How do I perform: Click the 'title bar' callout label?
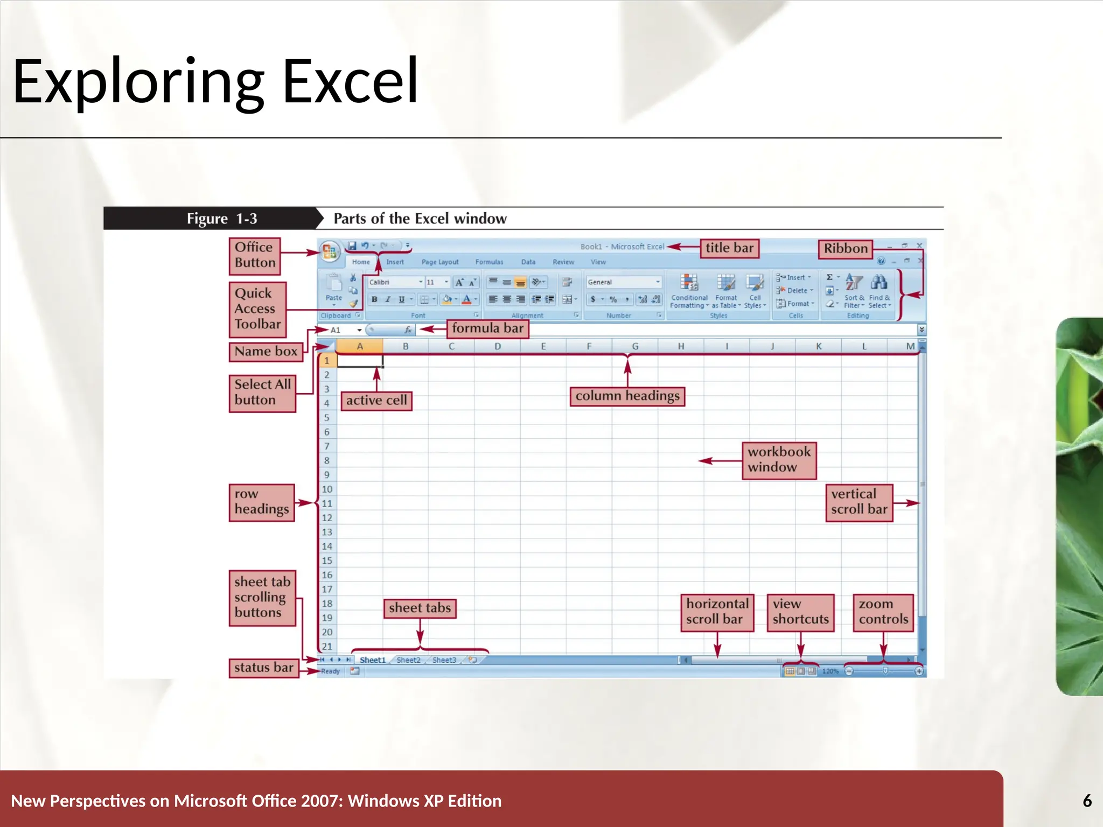pos(729,248)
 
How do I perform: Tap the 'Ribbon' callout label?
pos(845,249)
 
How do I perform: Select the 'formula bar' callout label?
pos(487,328)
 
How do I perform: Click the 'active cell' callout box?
pos(376,401)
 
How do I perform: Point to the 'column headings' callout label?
pos(627,396)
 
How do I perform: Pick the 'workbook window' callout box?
pos(779,460)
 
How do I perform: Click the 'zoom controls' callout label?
pos(883,612)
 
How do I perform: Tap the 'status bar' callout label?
pos(263,668)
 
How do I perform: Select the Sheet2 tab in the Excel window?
pos(408,660)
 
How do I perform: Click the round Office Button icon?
pos(329,251)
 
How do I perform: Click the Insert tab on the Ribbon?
pos(395,262)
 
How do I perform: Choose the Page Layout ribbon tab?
pos(440,262)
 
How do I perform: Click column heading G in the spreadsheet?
pos(635,346)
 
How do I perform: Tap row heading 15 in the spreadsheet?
pos(327,560)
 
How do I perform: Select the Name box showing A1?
pos(343,330)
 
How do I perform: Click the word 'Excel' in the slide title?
pos(350,81)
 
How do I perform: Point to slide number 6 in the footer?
pos(1087,801)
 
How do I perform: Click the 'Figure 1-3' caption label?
pos(221,219)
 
